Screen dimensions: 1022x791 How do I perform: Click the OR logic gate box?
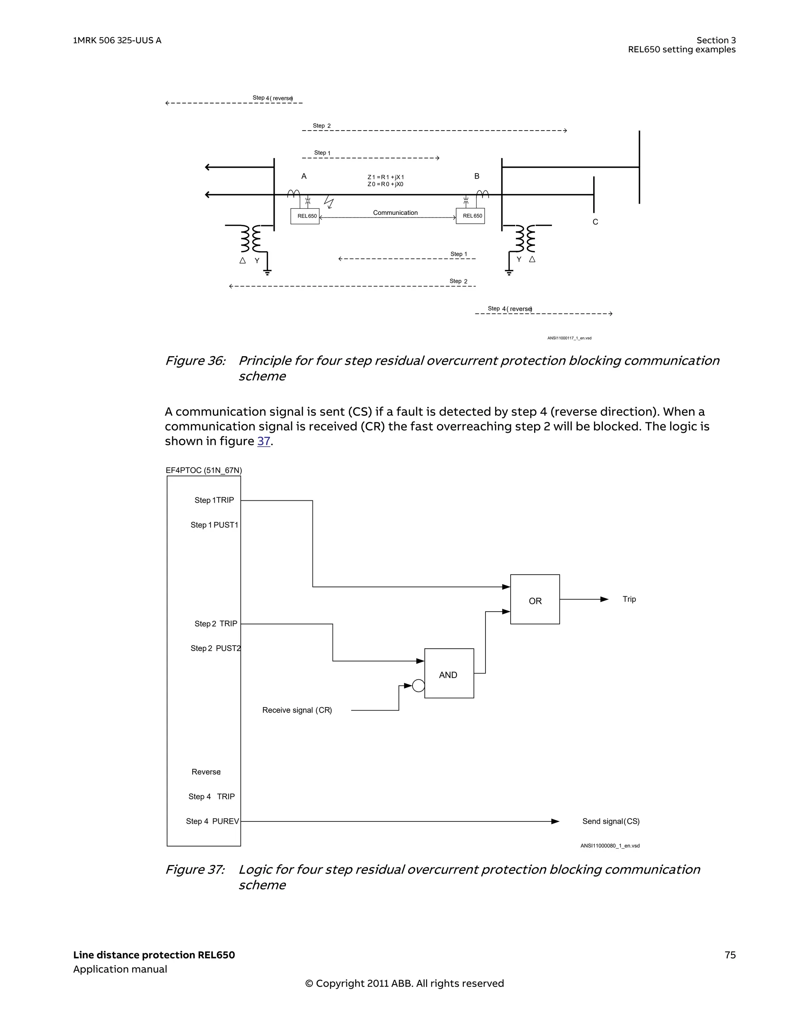535,599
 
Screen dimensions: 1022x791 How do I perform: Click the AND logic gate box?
448,674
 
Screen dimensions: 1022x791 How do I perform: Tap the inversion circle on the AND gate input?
419,686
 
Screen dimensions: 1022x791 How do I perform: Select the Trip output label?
629,599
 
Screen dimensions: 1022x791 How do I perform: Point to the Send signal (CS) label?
611,821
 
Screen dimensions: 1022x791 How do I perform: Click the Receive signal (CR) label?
297,710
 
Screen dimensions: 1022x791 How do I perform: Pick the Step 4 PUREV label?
212,821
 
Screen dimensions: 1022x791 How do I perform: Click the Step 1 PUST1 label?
214,525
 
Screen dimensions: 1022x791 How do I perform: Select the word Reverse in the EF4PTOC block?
206,772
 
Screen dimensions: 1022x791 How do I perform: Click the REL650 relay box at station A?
305,216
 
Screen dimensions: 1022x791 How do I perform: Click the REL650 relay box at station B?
470,216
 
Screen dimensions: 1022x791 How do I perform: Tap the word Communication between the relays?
395,213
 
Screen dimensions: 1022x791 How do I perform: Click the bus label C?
595,222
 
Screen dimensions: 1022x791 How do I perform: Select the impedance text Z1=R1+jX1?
385,177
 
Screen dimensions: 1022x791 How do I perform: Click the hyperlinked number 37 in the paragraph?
263,441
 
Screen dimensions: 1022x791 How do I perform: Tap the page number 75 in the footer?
730,955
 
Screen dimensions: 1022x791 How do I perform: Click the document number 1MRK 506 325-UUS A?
117,41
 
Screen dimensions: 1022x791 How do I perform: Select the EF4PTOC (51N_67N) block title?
204,470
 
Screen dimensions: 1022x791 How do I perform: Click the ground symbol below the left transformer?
267,272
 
